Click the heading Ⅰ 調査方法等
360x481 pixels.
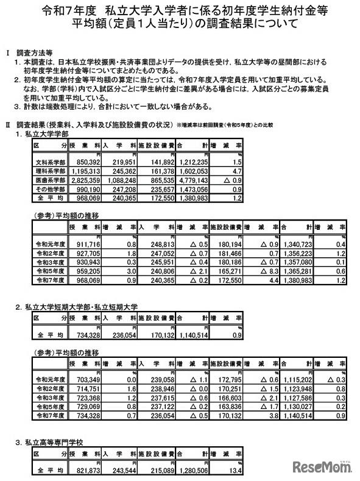(x=30, y=53)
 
